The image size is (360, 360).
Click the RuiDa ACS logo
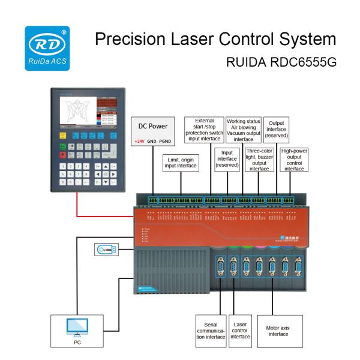(47, 46)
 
